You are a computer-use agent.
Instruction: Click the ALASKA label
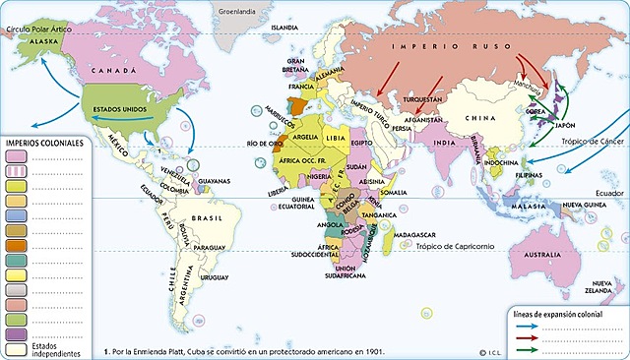(x=43, y=43)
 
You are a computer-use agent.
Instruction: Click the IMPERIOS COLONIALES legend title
(x=45, y=143)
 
